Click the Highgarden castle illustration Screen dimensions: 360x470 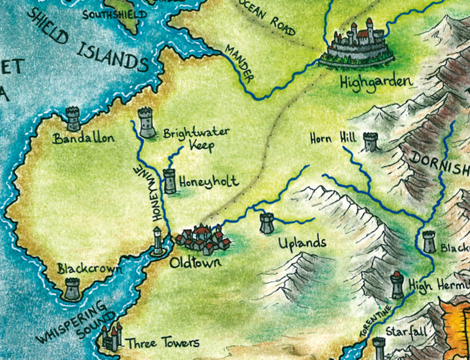360,43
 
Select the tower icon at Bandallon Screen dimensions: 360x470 73,118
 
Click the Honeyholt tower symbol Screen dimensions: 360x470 170,182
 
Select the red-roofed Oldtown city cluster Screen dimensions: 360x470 203,239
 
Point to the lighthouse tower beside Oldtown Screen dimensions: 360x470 158,241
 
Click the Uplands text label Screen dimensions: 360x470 302,242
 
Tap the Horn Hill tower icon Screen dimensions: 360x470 370,141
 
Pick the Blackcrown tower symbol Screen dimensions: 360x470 72,288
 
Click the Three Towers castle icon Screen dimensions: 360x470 111,337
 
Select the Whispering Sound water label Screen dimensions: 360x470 72,321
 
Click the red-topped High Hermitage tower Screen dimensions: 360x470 397,285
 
